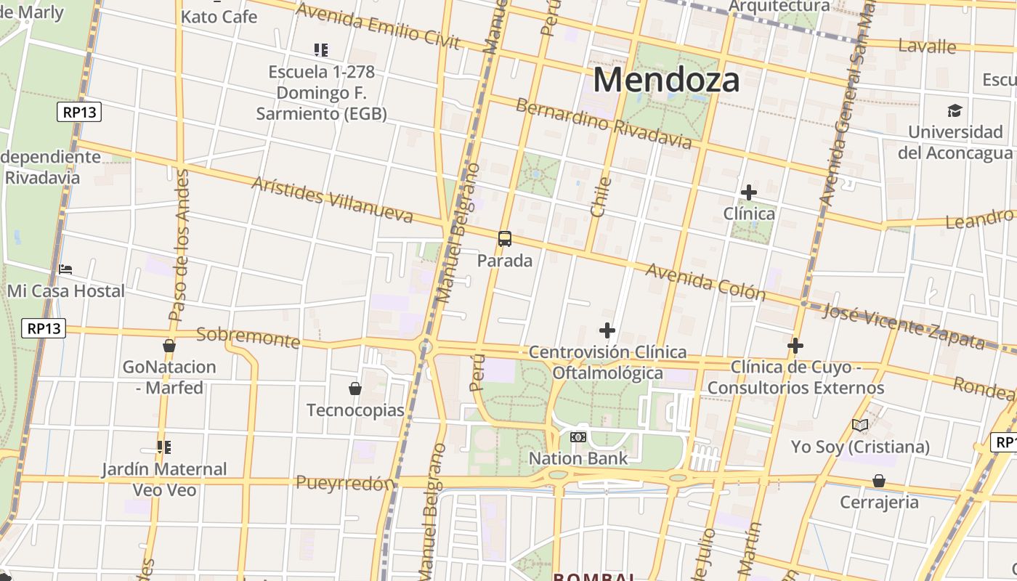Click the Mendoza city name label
(x=666, y=80)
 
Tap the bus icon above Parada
(x=504, y=239)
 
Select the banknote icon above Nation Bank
(x=578, y=436)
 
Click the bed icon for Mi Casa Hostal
(x=65, y=269)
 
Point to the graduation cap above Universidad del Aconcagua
(x=955, y=110)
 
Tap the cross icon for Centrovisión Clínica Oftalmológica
(x=607, y=331)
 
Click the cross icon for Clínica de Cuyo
(x=795, y=346)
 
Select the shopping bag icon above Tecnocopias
(x=355, y=389)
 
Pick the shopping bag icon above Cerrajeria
(x=879, y=481)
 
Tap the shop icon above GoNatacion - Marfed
(x=169, y=346)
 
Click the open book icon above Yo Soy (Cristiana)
(x=860, y=425)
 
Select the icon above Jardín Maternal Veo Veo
(x=164, y=447)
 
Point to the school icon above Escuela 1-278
(x=321, y=50)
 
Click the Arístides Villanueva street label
(x=332, y=199)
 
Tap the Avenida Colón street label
(x=705, y=281)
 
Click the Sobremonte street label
(x=248, y=337)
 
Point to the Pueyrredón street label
(x=345, y=483)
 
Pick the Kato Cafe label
(x=219, y=16)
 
